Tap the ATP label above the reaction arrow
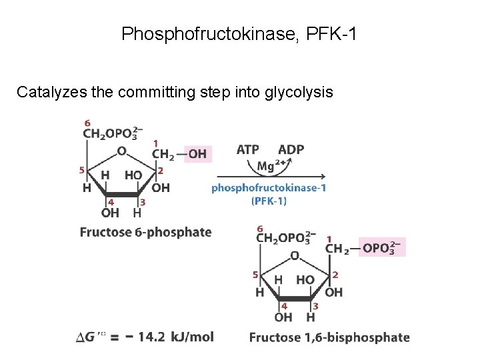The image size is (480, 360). (247, 149)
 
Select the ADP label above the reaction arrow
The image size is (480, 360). (291, 149)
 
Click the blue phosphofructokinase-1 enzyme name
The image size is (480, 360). (269, 188)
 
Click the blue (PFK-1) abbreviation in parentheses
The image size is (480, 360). (269, 201)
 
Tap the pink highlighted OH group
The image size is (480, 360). (197, 155)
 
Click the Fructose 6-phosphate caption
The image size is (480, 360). (145, 232)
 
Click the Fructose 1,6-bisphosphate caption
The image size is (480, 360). (329, 337)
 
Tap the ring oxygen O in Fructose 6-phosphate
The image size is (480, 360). (121, 151)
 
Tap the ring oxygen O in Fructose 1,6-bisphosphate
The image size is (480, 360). (294, 255)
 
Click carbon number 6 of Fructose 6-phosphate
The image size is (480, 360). (87, 123)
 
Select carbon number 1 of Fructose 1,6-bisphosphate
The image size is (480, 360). (329, 238)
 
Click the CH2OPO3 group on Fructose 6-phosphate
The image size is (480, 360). (112, 135)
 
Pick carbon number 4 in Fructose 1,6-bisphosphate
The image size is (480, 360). (283, 306)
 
